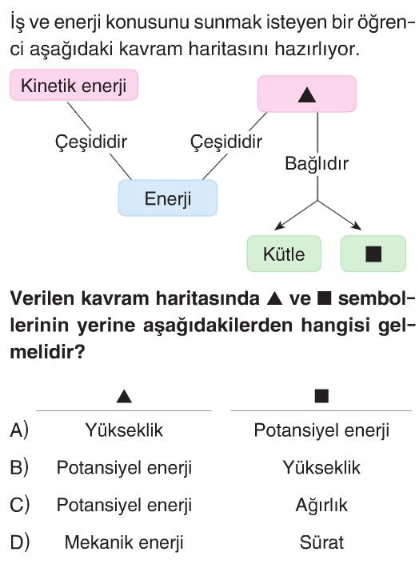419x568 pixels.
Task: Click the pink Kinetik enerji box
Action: (x=74, y=85)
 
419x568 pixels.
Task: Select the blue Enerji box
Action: (x=168, y=198)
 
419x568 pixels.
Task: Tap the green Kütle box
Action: (x=284, y=254)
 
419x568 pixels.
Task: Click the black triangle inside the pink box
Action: (x=307, y=95)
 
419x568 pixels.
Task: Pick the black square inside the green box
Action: (x=373, y=254)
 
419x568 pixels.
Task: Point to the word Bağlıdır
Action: (x=317, y=163)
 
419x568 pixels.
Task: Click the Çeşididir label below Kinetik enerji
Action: (x=91, y=142)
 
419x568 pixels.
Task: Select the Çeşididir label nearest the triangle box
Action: (x=226, y=142)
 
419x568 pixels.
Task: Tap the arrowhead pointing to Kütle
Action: (x=277, y=227)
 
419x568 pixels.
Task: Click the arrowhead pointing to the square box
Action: (x=357, y=226)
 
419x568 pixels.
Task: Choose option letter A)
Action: (x=19, y=430)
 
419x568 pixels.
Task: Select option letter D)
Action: (x=19, y=542)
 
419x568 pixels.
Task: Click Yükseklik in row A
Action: (x=124, y=430)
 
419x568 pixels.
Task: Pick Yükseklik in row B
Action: (x=321, y=468)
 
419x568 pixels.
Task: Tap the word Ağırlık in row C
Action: (x=321, y=506)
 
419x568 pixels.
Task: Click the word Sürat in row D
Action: (x=321, y=542)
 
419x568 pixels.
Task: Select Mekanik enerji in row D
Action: (x=124, y=543)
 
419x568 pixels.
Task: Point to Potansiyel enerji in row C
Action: (x=124, y=506)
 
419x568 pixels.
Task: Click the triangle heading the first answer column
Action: (x=124, y=397)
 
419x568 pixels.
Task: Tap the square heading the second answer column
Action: (x=321, y=396)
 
